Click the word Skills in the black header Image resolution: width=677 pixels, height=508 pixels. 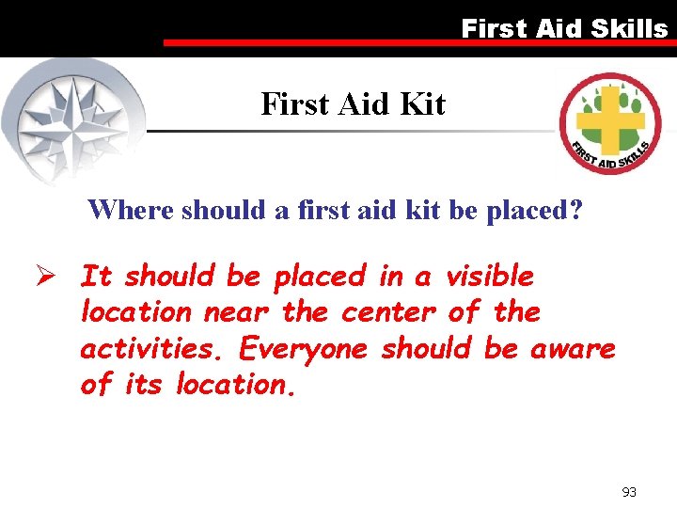tap(629, 28)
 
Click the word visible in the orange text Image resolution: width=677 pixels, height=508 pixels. tap(489, 277)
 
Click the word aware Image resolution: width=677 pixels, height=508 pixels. tap(574, 349)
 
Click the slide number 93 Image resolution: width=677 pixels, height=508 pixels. tap(630, 492)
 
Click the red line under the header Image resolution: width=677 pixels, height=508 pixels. tap(414, 42)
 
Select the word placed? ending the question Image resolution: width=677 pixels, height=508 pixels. tap(535, 209)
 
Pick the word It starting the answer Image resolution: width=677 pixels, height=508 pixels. tap(97, 277)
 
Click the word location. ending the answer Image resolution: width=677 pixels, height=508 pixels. tap(236, 385)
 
